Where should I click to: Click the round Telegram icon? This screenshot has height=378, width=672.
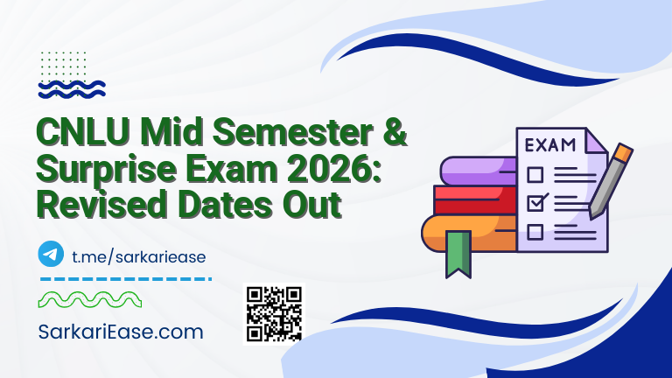(x=52, y=254)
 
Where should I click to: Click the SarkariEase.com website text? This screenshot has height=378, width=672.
(x=121, y=332)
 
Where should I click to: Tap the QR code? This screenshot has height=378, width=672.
(x=274, y=313)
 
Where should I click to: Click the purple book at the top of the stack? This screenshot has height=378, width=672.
(x=477, y=171)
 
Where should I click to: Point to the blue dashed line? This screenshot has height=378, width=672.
(x=126, y=279)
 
